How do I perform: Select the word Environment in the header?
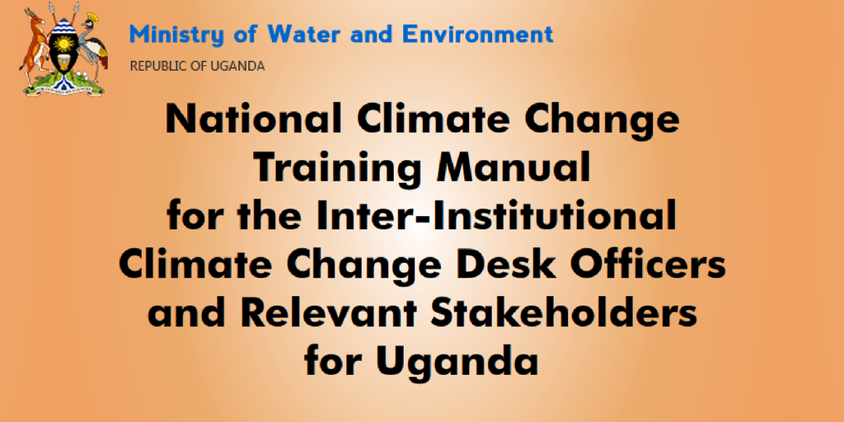point(478,35)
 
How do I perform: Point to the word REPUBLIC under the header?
point(154,67)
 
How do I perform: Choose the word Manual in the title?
point(513,168)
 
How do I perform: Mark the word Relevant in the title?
point(331,314)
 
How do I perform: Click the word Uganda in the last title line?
point(457,362)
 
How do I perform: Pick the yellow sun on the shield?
point(63,43)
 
